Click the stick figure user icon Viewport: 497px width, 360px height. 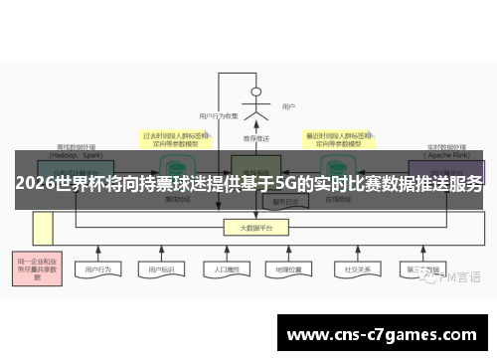(256, 102)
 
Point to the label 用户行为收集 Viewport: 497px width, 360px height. (219, 116)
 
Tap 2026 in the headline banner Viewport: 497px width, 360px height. (34, 184)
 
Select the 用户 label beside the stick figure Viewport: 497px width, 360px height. (288, 106)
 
